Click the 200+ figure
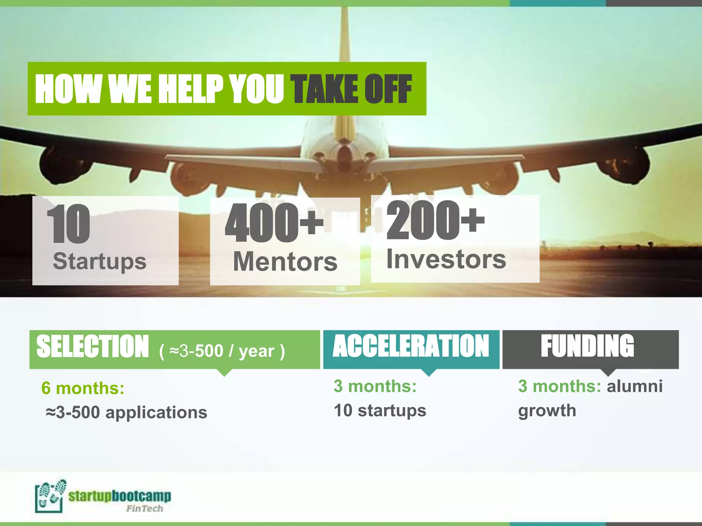coord(435,221)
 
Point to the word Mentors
coord(285,262)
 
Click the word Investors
coord(446,259)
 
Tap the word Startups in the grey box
coord(99,261)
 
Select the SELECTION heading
coord(93,347)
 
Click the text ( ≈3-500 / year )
coord(222,351)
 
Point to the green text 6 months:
coord(83,388)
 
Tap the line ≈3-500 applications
coord(126,412)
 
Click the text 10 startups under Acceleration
coord(380,410)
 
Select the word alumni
coord(634,386)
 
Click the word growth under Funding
coord(547,410)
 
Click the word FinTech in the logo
coord(144,509)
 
